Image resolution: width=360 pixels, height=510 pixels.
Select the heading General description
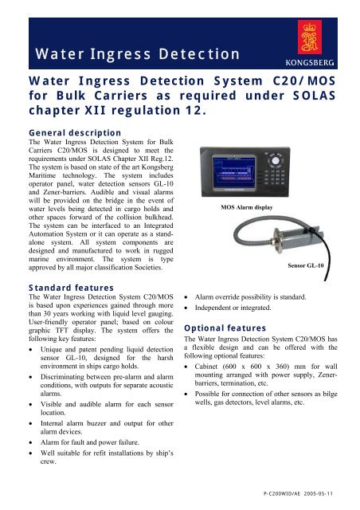tap(63, 132)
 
